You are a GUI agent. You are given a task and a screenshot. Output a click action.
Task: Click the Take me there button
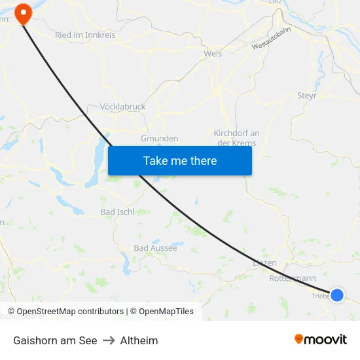[180, 160]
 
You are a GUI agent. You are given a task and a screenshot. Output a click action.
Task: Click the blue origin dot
[337, 295]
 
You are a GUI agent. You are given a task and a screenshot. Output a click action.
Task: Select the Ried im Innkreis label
[85, 35]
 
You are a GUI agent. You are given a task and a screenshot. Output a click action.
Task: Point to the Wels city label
[213, 54]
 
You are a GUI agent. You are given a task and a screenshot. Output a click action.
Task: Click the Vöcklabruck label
[123, 107]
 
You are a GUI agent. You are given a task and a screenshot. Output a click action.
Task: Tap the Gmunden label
[160, 139]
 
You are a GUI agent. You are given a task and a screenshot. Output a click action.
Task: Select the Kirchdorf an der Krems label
[236, 138]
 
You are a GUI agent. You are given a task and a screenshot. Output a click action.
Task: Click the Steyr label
[307, 96]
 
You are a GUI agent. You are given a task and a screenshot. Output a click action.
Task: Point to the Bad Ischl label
[117, 211]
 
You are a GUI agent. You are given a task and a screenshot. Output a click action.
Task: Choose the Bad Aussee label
[155, 248]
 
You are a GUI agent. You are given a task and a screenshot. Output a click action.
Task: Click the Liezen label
[264, 263]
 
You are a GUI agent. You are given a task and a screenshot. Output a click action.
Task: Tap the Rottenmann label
[292, 278]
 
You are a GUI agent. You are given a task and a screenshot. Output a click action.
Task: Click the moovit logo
[321, 339]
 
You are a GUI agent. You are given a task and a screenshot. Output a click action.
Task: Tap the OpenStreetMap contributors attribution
[70, 312]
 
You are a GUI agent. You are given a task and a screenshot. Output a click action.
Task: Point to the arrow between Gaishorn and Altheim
[109, 340]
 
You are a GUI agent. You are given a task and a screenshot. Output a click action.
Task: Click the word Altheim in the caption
[139, 340]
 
